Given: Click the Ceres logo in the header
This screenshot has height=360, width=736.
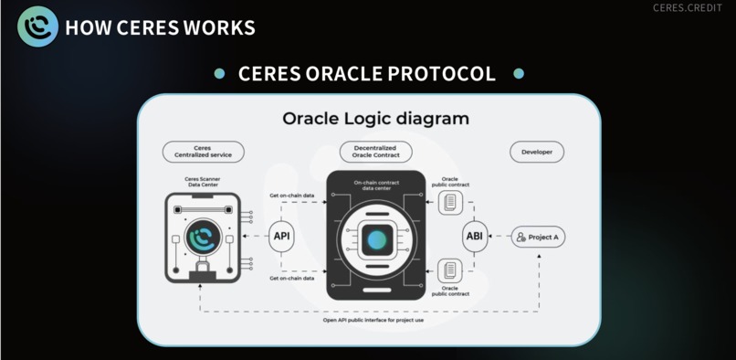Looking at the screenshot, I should tap(37, 26).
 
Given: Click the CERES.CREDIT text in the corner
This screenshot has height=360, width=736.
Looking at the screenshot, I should tap(692, 8).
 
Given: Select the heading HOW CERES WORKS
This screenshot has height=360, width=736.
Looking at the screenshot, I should tap(160, 27).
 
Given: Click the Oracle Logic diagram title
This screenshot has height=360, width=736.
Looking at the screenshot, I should tap(375, 119).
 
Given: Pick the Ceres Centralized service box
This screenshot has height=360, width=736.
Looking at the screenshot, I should tap(203, 152).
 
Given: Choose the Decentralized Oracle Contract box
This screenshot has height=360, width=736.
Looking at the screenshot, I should tap(375, 152).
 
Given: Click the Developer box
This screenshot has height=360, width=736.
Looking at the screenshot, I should tap(537, 152).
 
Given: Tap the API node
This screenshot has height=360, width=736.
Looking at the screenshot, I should tap(281, 237).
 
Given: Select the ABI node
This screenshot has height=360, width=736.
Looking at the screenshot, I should tap(474, 237).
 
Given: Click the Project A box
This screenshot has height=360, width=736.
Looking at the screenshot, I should tap(538, 237).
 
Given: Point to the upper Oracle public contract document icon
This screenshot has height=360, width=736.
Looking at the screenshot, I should tap(449, 203).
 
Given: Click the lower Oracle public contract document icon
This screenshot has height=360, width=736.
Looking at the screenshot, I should tap(449, 270).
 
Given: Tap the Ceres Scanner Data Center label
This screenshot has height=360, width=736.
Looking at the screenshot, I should tap(203, 182).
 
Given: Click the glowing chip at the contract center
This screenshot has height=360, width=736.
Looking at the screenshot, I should tap(376, 239).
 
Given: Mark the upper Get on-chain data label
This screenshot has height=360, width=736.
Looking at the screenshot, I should tap(292, 196).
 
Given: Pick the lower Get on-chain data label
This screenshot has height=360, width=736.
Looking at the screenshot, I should tap(292, 278).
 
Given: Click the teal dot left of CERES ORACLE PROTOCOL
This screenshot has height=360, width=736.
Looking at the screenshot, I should tap(219, 74).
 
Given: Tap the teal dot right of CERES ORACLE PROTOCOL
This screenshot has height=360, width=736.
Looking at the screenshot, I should tap(519, 74).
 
